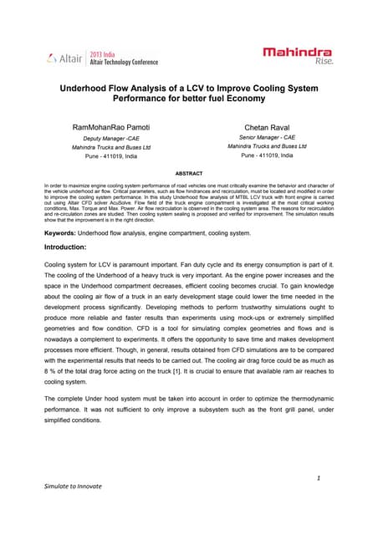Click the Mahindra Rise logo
[297, 56]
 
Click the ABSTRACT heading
[188, 173]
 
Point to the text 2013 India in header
[103, 52]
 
